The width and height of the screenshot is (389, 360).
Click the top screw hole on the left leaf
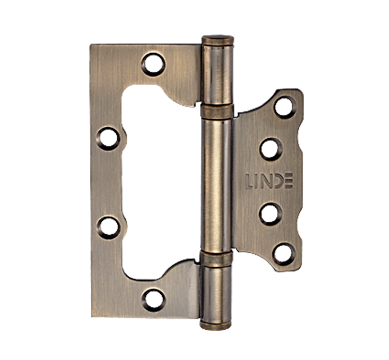click(x=153, y=65)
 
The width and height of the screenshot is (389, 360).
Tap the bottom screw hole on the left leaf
click(x=153, y=300)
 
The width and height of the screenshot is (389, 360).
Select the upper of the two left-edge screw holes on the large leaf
click(x=108, y=139)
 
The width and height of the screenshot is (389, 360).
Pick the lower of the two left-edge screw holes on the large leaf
click(x=109, y=227)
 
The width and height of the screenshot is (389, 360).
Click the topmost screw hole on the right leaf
click(x=285, y=107)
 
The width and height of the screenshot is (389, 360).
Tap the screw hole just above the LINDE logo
click(x=271, y=149)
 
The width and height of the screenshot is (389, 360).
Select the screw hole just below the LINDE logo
click(x=271, y=214)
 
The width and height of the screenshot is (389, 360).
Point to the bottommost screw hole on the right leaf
click(x=284, y=254)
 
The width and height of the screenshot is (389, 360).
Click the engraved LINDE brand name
click(x=269, y=181)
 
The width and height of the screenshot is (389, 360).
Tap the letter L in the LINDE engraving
click(x=249, y=181)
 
